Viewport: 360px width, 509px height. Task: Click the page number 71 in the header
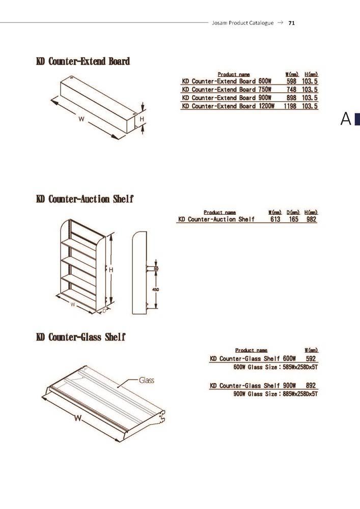pos(291,23)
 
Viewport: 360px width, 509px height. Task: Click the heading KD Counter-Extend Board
pos(83,62)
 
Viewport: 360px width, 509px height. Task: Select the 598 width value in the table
pos(291,81)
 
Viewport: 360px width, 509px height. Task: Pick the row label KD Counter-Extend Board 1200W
pos(228,106)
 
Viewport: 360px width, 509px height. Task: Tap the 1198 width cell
pos(290,106)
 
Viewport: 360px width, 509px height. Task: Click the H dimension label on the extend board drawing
pos(142,119)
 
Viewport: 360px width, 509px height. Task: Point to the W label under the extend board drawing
pos(81,119)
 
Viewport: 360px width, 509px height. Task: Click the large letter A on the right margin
pos(346,119)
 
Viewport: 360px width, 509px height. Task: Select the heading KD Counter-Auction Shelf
pos(85,199)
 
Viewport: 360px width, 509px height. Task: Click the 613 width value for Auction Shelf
pos(275,219)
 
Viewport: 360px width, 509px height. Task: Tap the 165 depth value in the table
pos(293,219)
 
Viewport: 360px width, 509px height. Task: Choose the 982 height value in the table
pos(311,219)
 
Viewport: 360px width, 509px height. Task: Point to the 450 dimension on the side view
pos(155,290)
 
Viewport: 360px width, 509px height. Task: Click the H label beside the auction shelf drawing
pos(110,270)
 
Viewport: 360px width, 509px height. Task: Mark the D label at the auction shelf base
pos(104,311)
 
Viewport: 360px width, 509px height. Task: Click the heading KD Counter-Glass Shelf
pos(81,337)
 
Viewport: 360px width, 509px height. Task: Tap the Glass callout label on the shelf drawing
pos(147,380)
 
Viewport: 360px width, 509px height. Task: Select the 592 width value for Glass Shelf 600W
pos(311,359)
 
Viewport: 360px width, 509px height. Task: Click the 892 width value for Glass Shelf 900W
pos(311,386)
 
